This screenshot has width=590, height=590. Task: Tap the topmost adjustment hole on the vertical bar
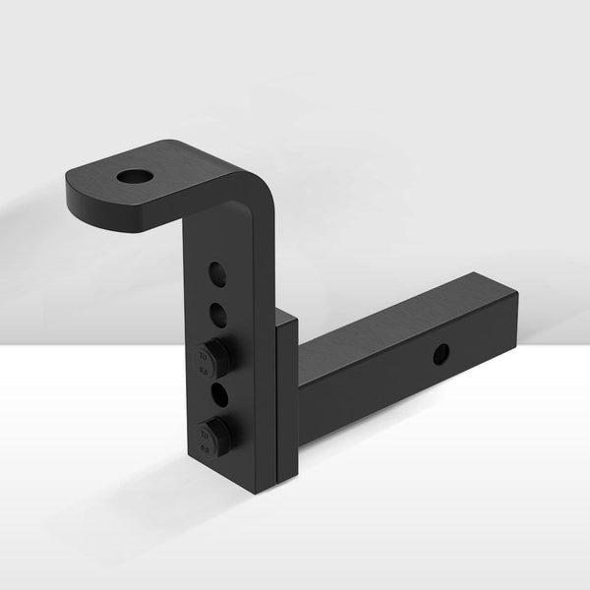click(218, 274)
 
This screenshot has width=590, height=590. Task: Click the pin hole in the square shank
click(441, 352)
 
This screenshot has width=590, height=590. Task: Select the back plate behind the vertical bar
click(285, 393)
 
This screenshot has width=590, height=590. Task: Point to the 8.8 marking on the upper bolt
click(205, 371)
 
